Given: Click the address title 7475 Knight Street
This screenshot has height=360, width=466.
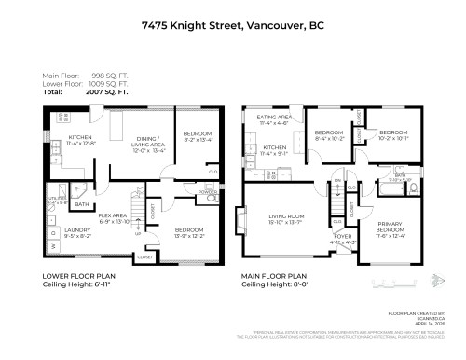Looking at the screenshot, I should click(233, 27).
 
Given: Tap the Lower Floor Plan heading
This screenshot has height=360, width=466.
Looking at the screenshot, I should click(80, 276).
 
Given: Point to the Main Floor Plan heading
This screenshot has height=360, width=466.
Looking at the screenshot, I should click(275, 276).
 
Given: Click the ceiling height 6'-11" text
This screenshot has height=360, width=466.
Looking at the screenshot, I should click(81, 285).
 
